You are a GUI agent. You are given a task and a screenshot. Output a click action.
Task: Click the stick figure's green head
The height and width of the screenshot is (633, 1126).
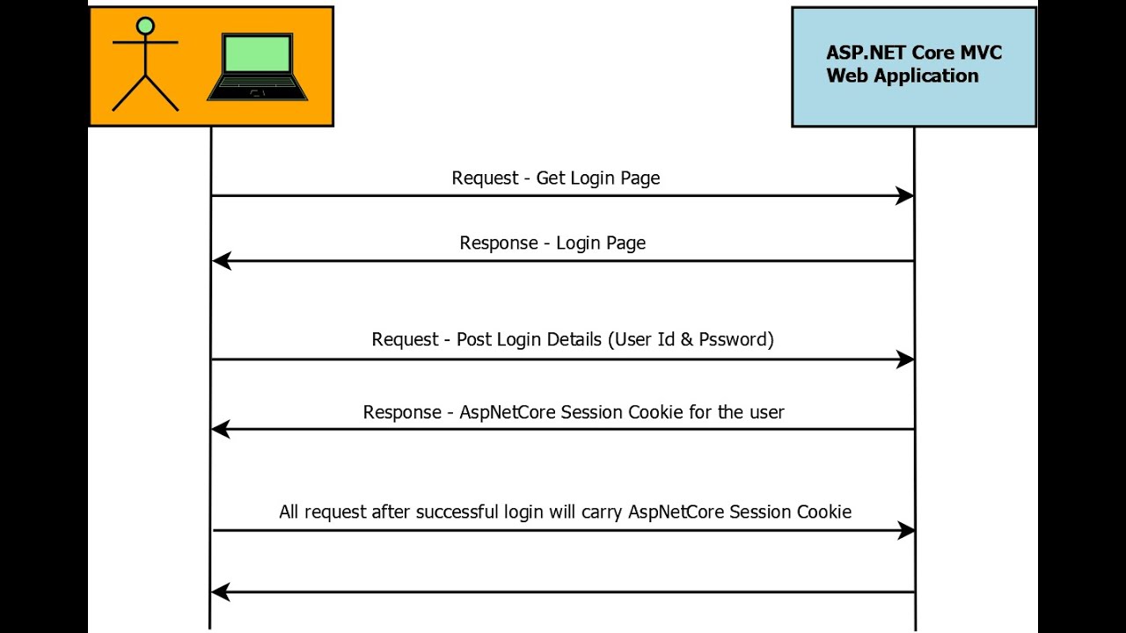pyautogui.click(x=146, y=26)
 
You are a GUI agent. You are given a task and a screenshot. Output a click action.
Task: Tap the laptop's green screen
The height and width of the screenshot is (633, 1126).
pyautogui.click(x=257, y=55)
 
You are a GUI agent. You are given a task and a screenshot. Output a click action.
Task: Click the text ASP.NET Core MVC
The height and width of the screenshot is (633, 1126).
pyautogui.click(x=914, y=53)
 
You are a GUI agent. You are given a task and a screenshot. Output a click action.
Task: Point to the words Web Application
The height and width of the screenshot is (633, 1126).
pyautogui.click(x=903, y=76)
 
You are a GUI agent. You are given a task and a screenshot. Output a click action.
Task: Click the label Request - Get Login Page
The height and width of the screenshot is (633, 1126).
pyautogui.click(x=555, y=178)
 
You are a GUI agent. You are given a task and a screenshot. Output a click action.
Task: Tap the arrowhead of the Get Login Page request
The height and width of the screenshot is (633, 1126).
pyautogui.click(x=904, y=196)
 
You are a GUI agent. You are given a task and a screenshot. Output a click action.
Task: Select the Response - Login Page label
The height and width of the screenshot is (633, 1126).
pyautogui.click(x=552, y=244)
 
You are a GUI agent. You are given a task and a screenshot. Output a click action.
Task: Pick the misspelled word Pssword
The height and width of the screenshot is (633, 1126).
pyautogui.click(x=733, y=339)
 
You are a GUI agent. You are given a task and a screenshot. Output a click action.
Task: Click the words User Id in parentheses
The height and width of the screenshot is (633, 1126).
pyautogui.click(x=641, y=339)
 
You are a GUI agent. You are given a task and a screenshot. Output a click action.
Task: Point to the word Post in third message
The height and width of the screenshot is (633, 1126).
pyautogui.click(x=474, y=339)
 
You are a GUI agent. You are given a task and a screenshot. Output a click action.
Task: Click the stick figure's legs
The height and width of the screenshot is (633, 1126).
pyautogui.click(x=146, y=92)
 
